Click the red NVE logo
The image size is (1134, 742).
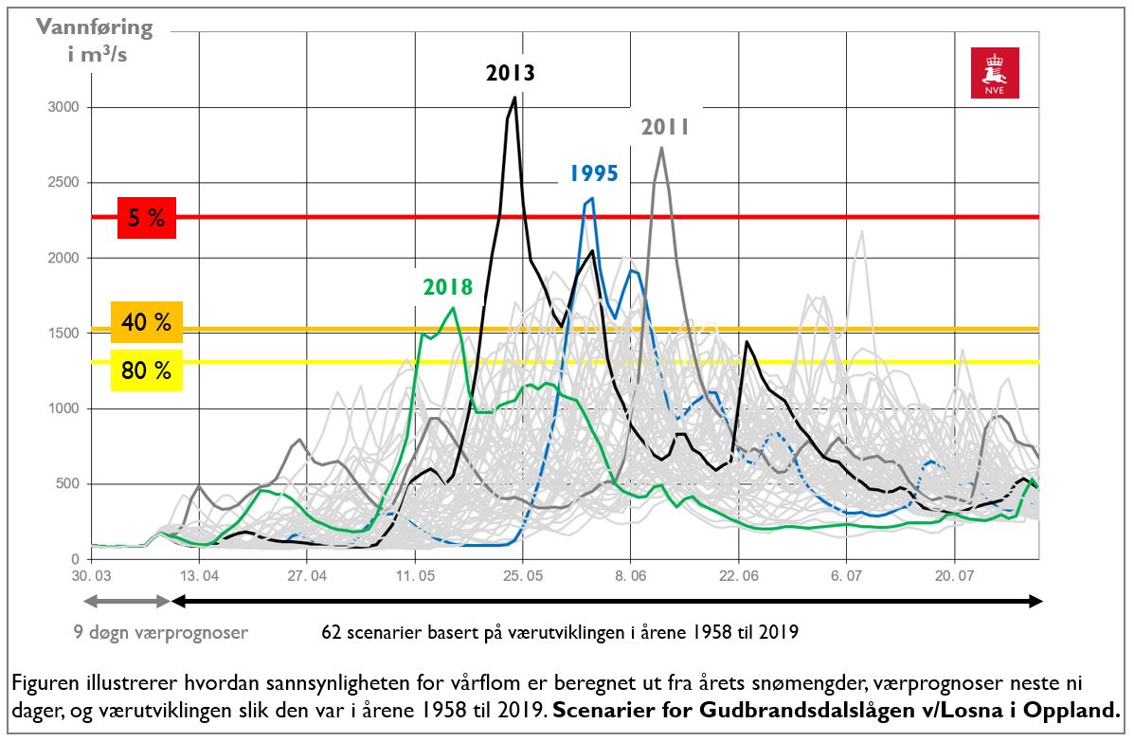point(995,73)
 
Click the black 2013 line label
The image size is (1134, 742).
point(511,72)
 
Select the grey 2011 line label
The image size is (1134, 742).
point(665,127)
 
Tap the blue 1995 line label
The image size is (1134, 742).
point(594,173)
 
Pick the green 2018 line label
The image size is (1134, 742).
point(447,287)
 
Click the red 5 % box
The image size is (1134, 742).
point(147,217)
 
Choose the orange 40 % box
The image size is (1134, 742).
point(147,324)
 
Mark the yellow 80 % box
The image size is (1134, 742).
point(147,370)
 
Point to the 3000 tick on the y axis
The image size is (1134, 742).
point(64,107)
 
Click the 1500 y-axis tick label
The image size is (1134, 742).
point(64,334)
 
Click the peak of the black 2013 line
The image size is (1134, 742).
point(514,98)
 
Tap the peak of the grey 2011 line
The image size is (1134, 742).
point(661,148)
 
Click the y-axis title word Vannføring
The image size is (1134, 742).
point(94,27)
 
